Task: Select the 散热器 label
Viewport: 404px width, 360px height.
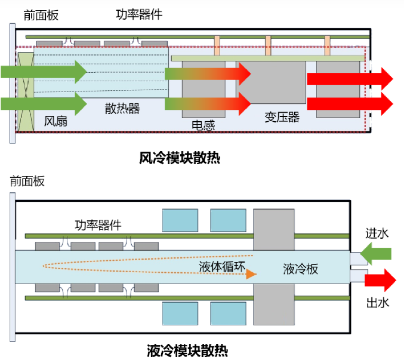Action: pyautogui.click(x=122, y=108)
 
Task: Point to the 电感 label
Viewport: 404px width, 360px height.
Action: pyautogui.click(x=203, y=125)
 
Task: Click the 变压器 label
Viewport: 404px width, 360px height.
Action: pyautogui.click(x=282, y=117)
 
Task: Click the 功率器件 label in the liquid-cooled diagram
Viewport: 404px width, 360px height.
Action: pyautogui.click(x=98, y=225)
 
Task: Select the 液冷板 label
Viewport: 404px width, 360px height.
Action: pyautogui.click(x=300, y=269)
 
